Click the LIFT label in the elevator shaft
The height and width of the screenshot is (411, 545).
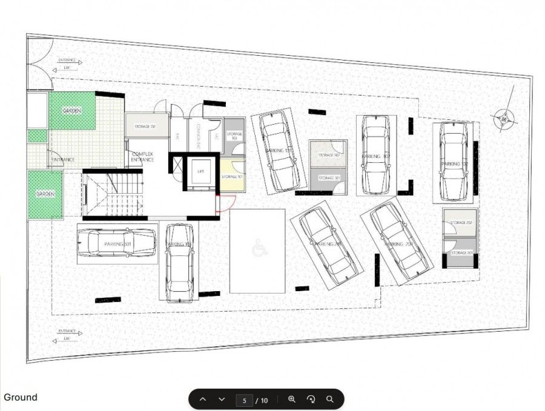(x=200, y=172)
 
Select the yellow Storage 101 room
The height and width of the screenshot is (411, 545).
(x=232, y=176)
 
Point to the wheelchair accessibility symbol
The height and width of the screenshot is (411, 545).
(x=258, y=247)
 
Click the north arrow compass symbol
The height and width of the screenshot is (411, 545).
(x=503, y=119)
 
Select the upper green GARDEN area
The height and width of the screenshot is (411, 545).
(x=72, y=111)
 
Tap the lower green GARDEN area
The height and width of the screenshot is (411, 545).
(x=45, y=194)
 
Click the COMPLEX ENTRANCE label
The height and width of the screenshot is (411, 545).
(x=144, y=157)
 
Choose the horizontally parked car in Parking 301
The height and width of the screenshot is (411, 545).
(x=116, y=243)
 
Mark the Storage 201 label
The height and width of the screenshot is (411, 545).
(x=460, y=252)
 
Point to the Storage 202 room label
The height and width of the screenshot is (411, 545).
(x=460, y=223)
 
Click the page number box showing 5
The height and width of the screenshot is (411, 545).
(x=244, y=400)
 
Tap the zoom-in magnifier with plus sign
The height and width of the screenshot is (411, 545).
(x=292, y=399)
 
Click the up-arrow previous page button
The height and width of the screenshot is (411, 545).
(x=203, y=399)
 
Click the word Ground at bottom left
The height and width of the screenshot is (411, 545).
(x=21, y=398)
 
